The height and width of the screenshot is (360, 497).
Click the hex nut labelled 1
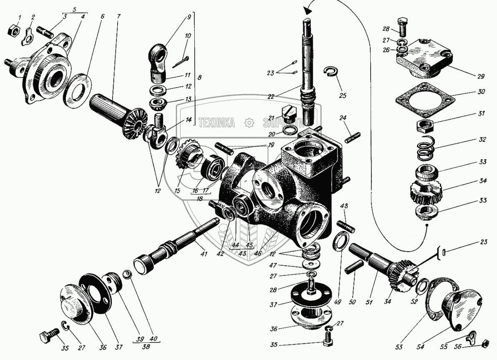tap(13, 30)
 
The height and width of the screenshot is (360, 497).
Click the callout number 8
tap(200, 77)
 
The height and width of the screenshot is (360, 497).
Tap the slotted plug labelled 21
tap(289, 111)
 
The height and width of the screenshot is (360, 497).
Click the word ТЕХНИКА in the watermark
tap(216, 122)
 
